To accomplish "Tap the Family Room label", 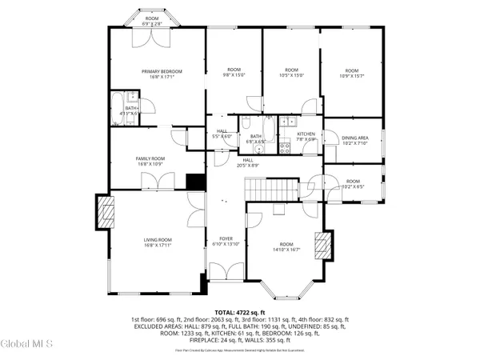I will [x=152, y=161].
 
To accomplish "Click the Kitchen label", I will [x=307, y=136].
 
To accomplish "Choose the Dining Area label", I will [x=354, y=141].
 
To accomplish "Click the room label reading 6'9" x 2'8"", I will [x=151, y=21].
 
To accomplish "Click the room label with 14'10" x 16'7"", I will [x=286, y=247].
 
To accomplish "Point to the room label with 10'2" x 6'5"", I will [x=353, y=184].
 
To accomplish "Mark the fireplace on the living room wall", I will [x=102, y=214].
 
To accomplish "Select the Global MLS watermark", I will [x=26, y=344].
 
